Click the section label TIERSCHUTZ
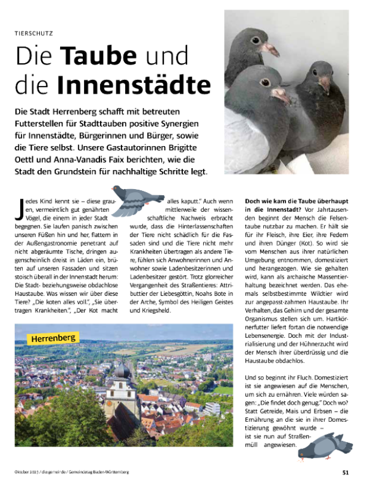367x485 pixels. coord(33,33)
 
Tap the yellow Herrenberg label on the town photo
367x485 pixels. coord(52,338)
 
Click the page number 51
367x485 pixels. coord(346,472)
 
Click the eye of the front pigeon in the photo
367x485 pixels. coord(265,81)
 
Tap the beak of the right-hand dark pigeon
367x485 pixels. coord(325,84)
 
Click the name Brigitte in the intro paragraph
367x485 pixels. coord(183,147)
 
